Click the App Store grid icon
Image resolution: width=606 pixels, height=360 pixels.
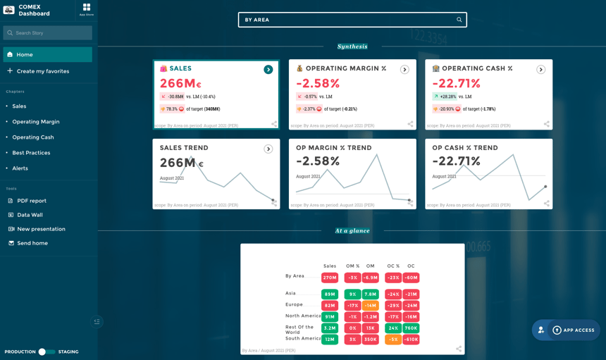[86, 8]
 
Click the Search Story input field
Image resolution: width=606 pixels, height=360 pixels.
[48, 33]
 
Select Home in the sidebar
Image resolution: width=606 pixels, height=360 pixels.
[47, 54]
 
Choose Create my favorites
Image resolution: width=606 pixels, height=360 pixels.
[42, 71]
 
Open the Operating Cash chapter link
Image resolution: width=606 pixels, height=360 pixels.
[32, 137]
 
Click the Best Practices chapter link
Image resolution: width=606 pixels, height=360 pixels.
[30, 153]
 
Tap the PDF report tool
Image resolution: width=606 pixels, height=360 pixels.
[32, 201]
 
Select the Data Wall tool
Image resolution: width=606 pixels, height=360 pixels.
[30, 215]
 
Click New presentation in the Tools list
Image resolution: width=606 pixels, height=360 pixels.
[41, 229]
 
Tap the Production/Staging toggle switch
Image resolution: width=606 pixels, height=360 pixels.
[47, 352]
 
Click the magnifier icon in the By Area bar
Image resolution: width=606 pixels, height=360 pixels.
[459, 20]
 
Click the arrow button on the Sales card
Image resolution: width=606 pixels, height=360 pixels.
[268, 70]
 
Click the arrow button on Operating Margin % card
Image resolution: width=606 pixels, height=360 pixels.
[404, 70]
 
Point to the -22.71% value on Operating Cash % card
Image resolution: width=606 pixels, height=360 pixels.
[457, 84]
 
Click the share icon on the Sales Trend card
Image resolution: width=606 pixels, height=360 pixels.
[274, 203]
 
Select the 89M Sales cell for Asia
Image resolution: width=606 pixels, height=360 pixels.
[330, 294]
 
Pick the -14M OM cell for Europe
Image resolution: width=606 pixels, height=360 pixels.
[371, 306]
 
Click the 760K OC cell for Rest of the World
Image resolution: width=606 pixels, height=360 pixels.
[411, 328]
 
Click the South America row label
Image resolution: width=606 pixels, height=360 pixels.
[302, 339]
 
